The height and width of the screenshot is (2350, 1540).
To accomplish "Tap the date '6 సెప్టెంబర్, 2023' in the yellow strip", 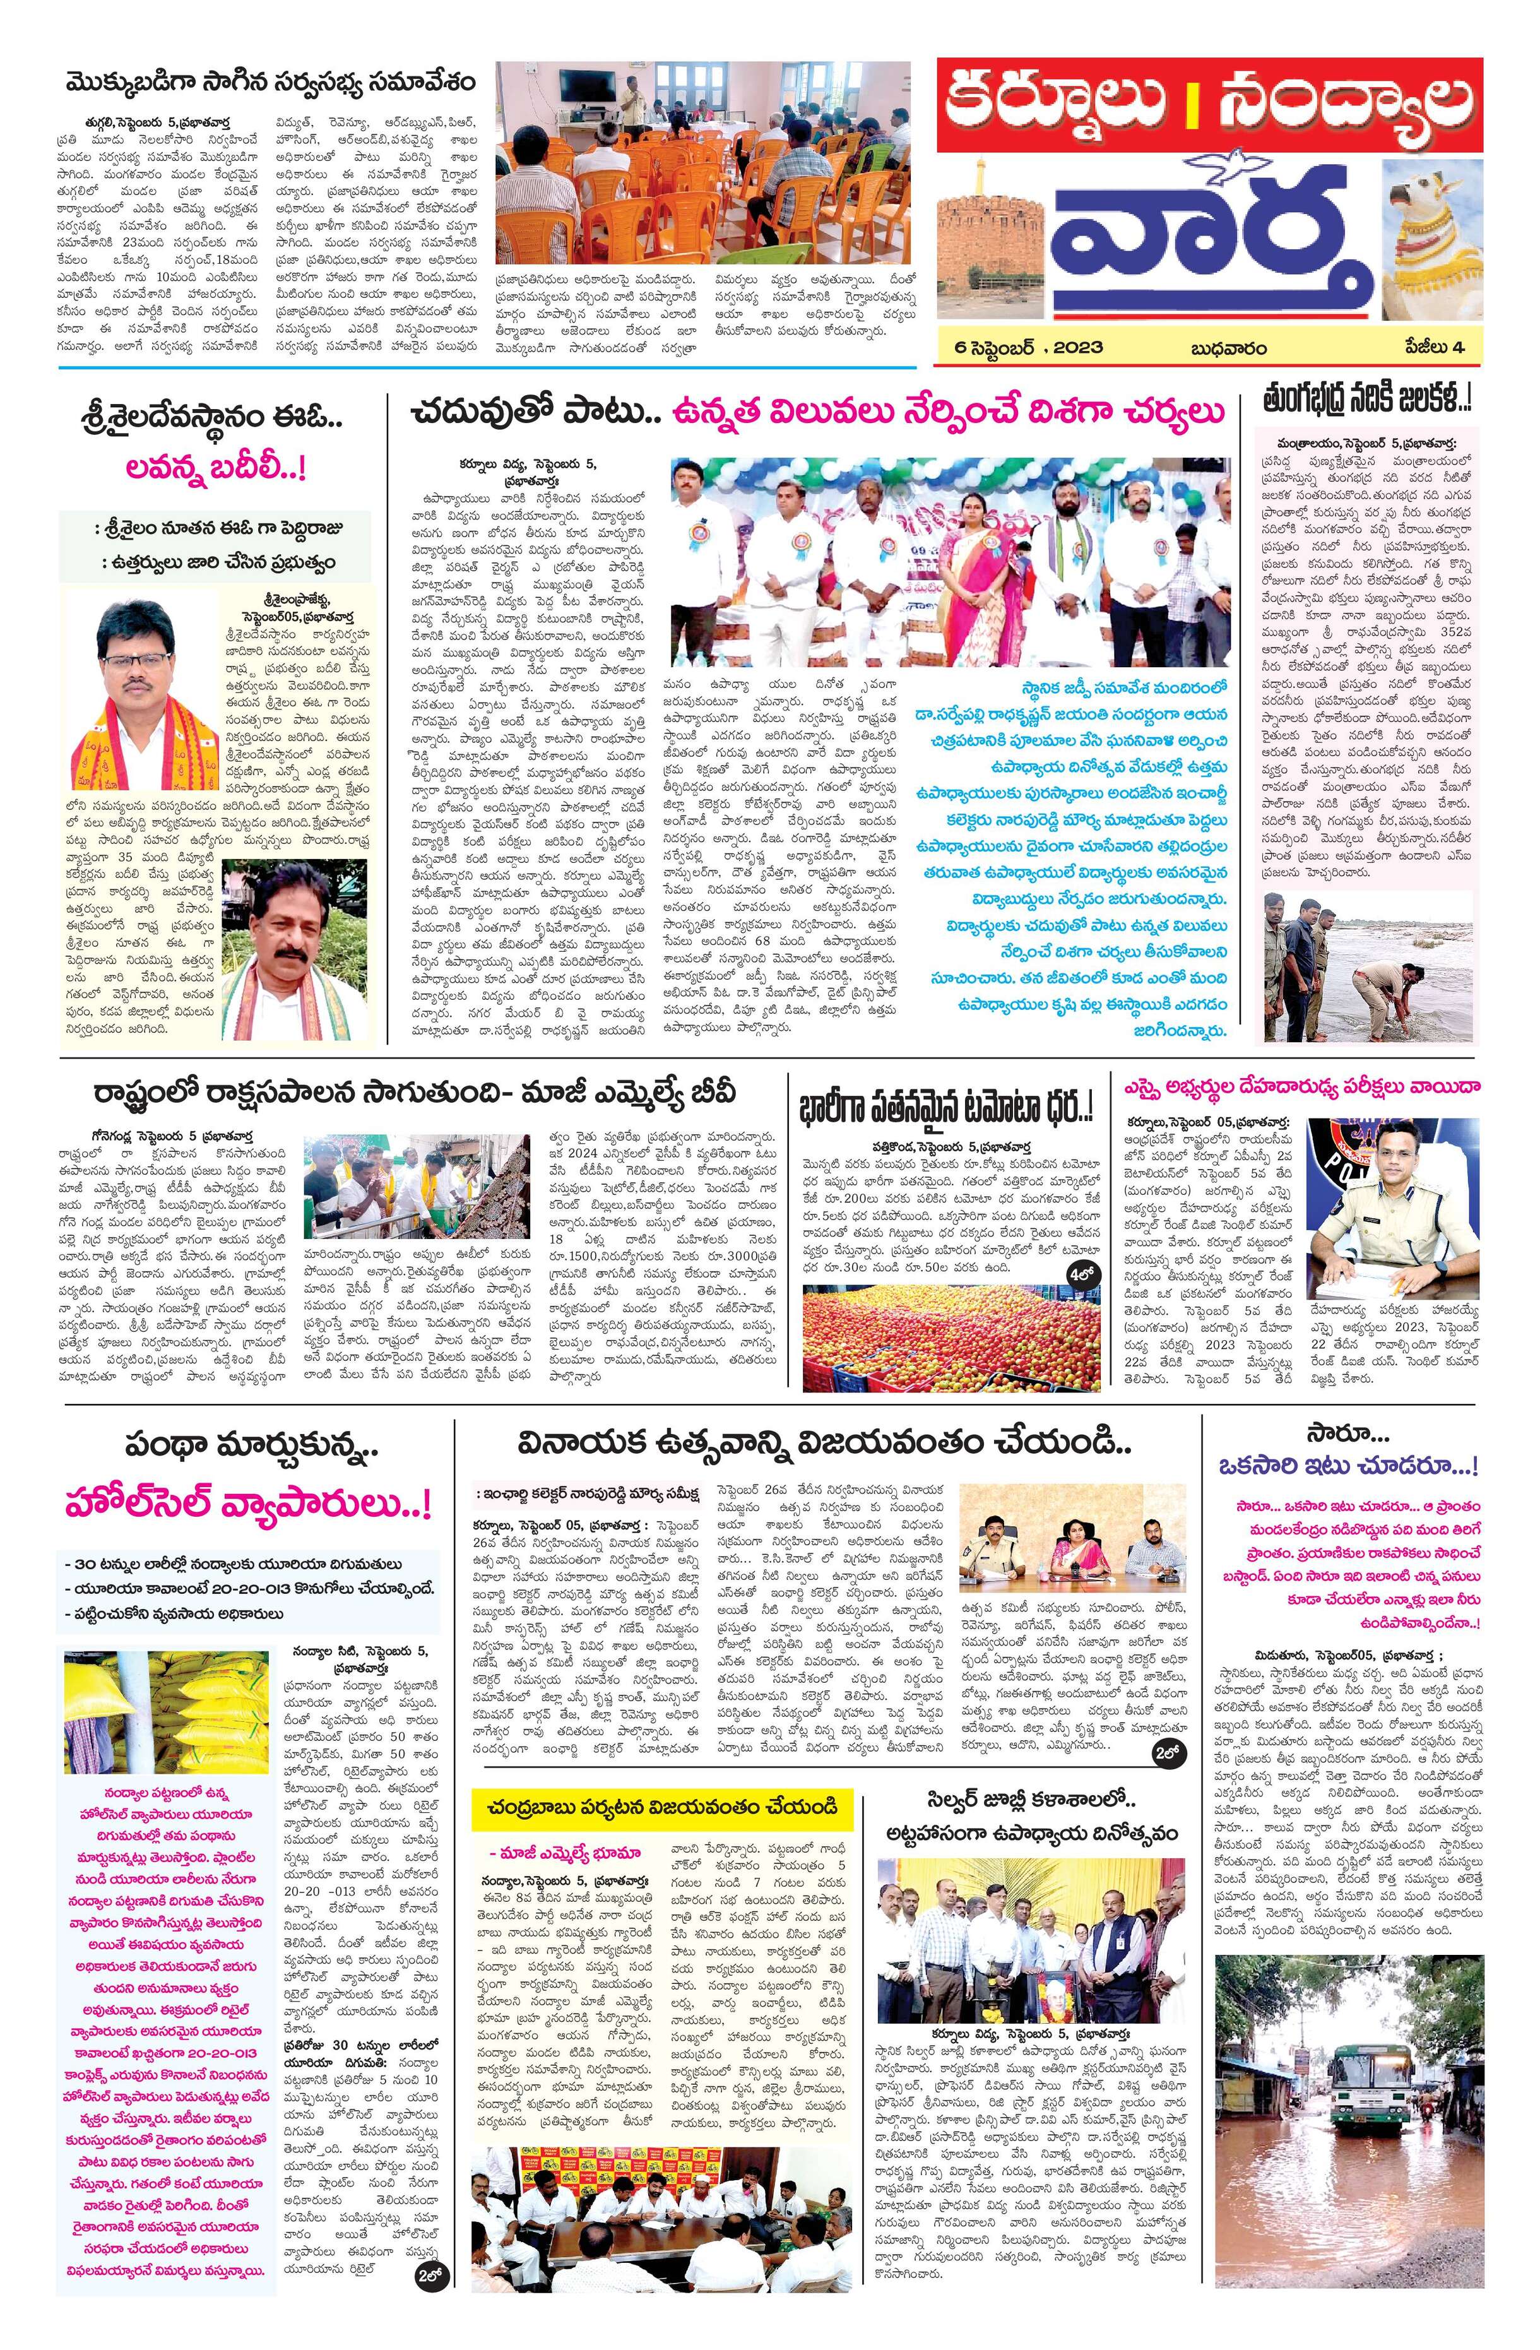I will [x=1022, y=348].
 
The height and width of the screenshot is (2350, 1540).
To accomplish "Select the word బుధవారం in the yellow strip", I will [x=1228, y=348].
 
